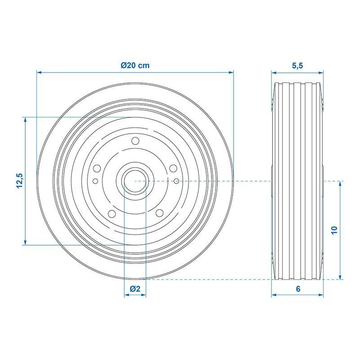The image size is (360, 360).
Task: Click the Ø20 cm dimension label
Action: click(135, 65)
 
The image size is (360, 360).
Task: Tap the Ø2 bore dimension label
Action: click(135, 288)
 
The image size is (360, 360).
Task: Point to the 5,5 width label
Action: click(297, 66)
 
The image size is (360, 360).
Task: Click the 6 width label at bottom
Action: click(298, 289)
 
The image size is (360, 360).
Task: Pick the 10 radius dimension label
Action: click(334, 230)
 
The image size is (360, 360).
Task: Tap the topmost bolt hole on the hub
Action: click(135, 141)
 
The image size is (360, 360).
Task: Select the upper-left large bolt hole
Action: click(97, 168)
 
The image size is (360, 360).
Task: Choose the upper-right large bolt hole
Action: click(173, 168)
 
